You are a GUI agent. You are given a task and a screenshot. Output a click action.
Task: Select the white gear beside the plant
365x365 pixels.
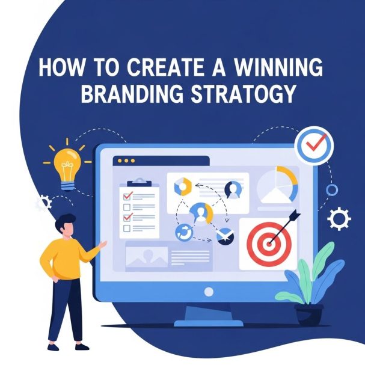(x=338, y=218)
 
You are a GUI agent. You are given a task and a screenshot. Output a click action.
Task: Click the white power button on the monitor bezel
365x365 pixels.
(x=208, y=292)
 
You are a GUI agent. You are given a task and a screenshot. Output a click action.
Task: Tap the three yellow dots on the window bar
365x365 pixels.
(x=126, y=161)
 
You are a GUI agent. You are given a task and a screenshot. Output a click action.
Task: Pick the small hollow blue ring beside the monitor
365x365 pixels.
(x=331, y=190)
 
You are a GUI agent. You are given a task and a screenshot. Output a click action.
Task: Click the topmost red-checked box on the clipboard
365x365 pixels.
(x=127, y=196)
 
